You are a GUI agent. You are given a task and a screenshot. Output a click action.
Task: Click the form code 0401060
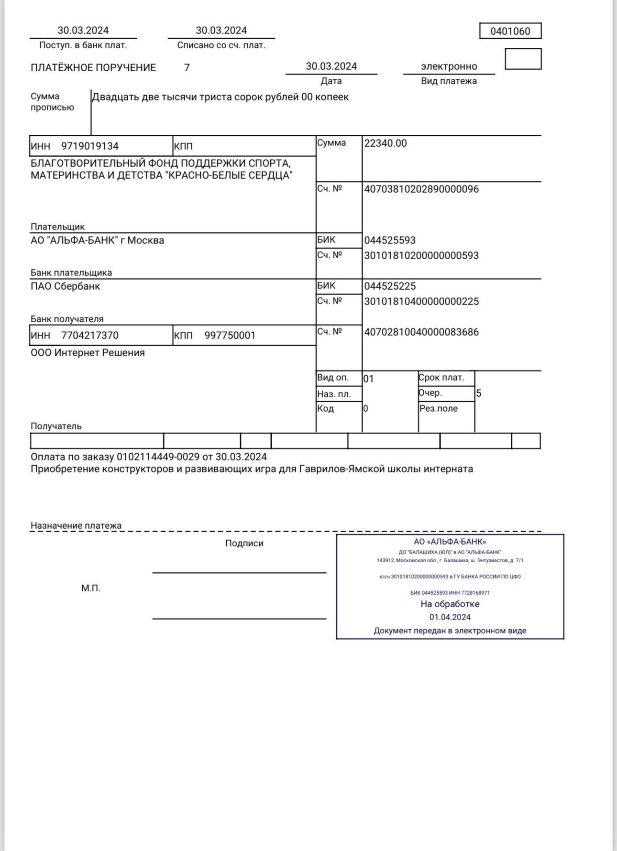[510, 32]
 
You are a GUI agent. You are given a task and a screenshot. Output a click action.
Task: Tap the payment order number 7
[187, 68]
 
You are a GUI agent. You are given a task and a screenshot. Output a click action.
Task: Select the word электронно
[449, 66]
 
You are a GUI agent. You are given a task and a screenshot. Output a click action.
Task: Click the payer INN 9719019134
[90, 146]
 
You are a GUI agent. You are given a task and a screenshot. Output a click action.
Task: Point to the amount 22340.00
[386, 143]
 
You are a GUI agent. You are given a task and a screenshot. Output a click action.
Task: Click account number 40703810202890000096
[421, 189]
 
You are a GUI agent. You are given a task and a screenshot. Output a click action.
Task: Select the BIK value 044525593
[390, 240]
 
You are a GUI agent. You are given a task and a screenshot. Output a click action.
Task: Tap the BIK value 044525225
[390, 286]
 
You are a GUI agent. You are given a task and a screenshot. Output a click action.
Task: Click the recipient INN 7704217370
[90, 336]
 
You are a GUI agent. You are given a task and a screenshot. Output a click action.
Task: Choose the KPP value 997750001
[230, 336]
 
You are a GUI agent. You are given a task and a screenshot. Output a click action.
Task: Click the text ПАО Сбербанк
[66, 286]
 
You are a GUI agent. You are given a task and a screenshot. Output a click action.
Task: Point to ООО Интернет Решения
[88, 353]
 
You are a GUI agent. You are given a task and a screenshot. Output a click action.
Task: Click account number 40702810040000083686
[421, 332]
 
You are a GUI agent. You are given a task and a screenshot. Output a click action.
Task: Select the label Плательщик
[57, 227]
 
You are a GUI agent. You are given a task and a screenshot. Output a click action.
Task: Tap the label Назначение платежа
[76, 525]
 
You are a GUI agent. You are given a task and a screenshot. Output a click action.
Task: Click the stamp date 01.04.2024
[450, 617]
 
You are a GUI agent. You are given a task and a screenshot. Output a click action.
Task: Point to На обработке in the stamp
[450, 604]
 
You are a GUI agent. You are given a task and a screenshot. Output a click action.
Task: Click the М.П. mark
[91, 589]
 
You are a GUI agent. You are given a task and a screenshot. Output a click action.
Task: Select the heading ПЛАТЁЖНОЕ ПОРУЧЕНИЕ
[93, 68]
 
